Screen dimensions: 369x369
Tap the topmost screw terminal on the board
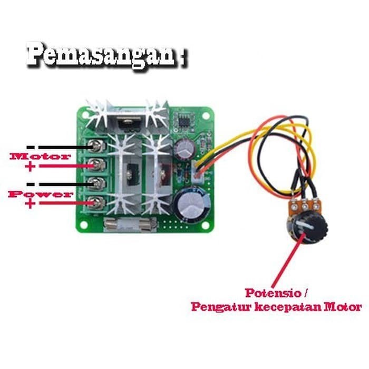tap(96, 144)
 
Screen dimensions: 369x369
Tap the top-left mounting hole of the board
tap(84, 113)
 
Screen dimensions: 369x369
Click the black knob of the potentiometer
tap(311, 228)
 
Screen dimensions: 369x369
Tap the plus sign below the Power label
tap(30, 203)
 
